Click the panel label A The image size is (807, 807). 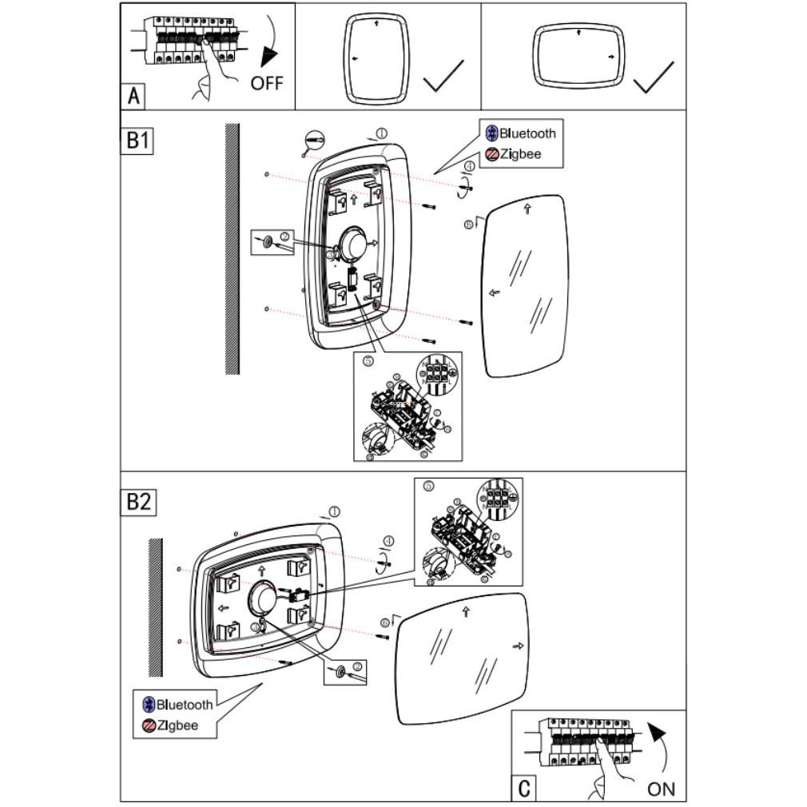[x=134, y=97]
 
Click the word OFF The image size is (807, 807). [x=267, y=82]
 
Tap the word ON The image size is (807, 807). [x=661, y=789]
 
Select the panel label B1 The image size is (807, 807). [x=137, y=141]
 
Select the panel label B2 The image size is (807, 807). [x=138, y=502]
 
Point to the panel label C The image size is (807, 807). [x=524, y=789]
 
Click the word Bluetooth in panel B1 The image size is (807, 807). [x=527, y=133]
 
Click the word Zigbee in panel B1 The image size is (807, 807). [x=520, y=153]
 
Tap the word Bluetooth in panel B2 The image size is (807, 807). [x=185, y=704]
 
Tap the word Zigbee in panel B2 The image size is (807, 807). [x=177, y=726]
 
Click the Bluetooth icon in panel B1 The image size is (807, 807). [x=493, y=133]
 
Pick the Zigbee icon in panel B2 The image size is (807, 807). [x=148, y=726]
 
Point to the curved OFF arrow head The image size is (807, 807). [x=270, y=56]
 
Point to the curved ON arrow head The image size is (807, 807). [x=657, y=732]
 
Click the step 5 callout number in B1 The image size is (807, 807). [x=368, y=361]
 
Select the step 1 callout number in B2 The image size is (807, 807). [x=335, y=511]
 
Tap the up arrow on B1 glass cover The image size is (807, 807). [x=527, y=209]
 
